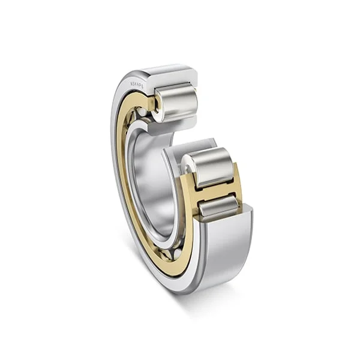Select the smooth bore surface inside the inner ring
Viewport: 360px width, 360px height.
coord(153,180)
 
